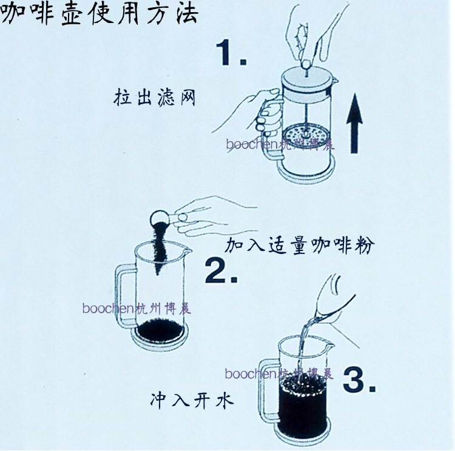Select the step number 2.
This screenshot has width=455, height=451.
pos(220,272)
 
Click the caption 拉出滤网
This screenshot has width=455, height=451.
pos(155,97)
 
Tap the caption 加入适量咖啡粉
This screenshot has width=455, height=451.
pos(300,246)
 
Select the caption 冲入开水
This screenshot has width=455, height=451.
pos(192,401)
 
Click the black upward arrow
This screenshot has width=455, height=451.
pos(354,130)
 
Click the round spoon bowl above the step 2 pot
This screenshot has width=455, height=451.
pos(159,218)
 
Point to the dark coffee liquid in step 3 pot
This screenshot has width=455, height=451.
pos(303,406)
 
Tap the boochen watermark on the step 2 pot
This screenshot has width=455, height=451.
pos(136,309)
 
